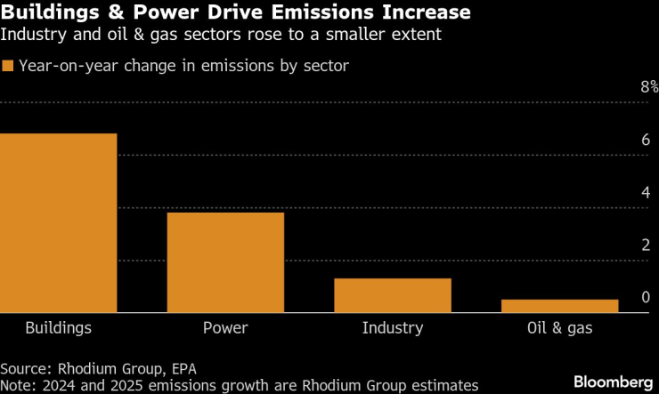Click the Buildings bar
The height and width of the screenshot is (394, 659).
click(x=58, y=222)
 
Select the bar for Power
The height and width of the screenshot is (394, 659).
click(x=225, y=262)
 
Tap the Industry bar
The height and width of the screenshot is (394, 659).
click(x=393, y=295)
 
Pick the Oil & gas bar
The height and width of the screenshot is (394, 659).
click(x=559, y=306)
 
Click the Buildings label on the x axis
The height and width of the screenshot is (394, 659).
click(x=58, y=328)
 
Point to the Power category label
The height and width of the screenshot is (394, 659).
click(x=225, y=328)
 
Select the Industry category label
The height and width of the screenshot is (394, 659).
click(x=393, y=328)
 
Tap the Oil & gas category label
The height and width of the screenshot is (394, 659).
click(x=559, y=328)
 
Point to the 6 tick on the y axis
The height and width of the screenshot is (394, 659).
click(x=645, y=140)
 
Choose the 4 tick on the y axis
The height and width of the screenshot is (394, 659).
click(x=645, y=192)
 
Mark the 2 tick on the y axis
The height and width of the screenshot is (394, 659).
click(x=645, y=245)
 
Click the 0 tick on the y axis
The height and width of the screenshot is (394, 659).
click(x=645, y=297)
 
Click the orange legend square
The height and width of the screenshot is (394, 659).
click(x=8, y=66)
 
